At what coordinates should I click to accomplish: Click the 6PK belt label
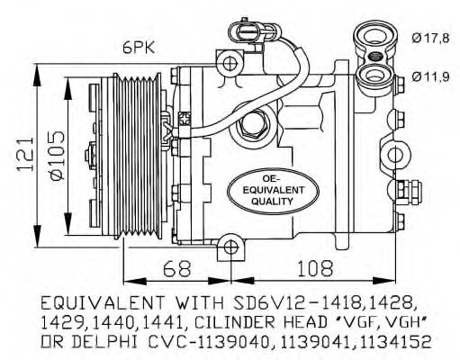[139, 48]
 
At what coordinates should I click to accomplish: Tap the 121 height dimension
[25, 155]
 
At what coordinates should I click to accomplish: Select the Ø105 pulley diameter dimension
[58, 156]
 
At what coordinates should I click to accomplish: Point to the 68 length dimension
[177, 268]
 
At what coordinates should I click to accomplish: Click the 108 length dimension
[315, 268]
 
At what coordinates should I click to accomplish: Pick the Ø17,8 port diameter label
[430, 39]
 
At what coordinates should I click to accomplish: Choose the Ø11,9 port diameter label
[430, 77]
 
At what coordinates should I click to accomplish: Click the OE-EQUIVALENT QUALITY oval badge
[273, 191]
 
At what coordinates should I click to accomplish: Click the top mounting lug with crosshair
[230, 63]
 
